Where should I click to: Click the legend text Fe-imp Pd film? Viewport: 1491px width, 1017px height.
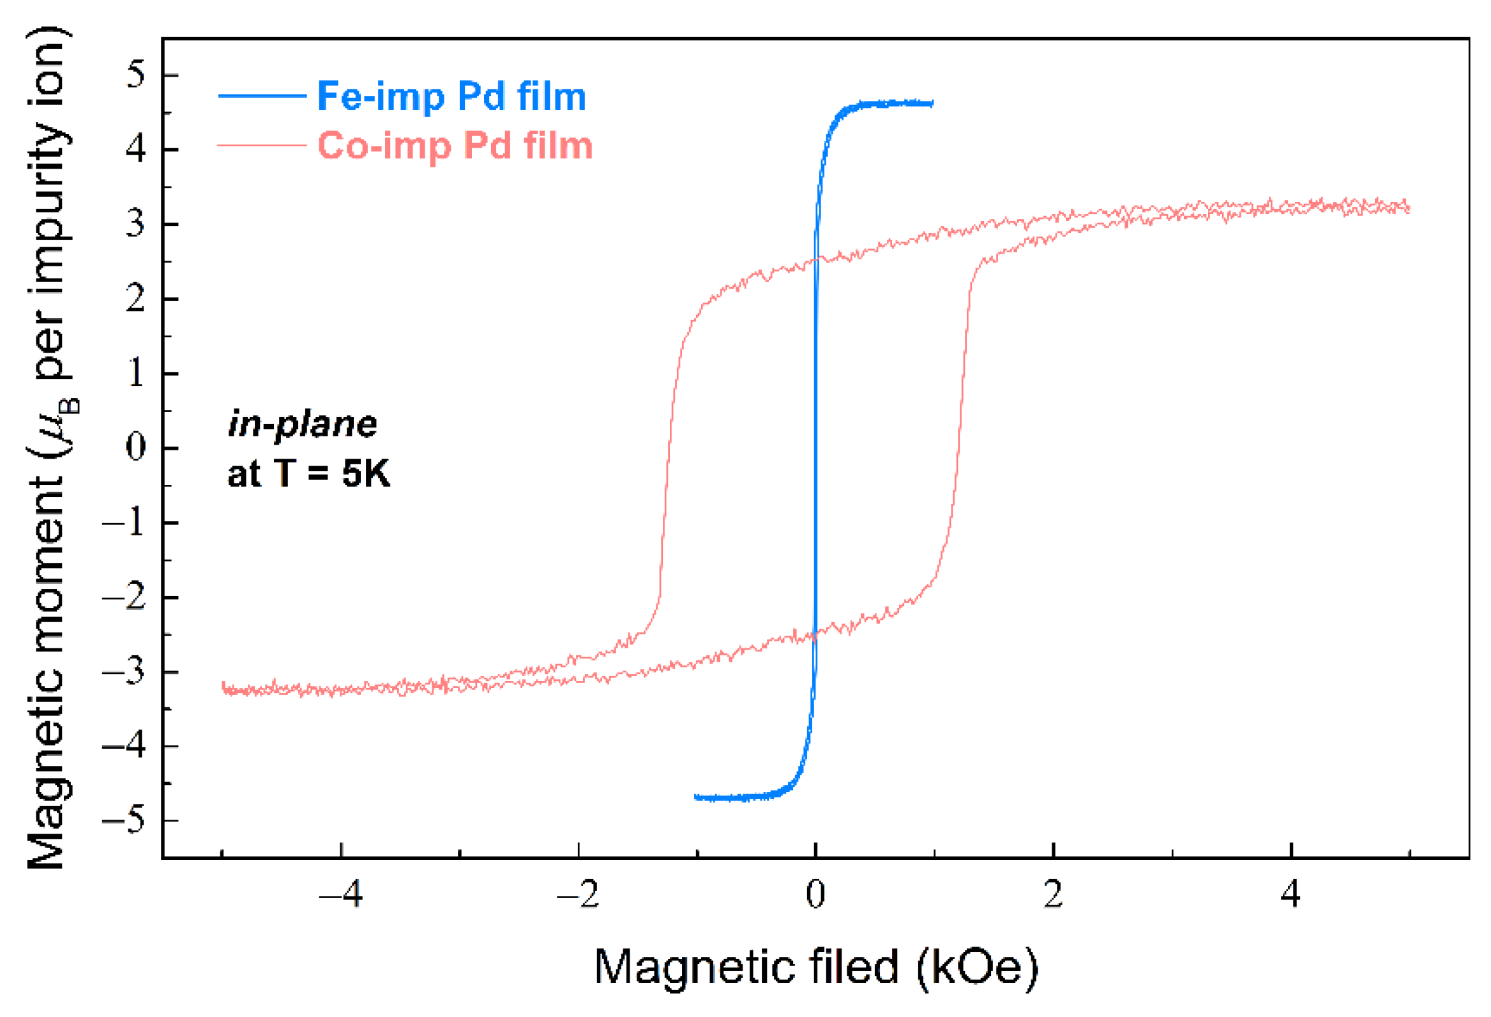click(x=451, y=96)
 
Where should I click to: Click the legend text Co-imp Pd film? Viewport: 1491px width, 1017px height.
click(x=455, y=146)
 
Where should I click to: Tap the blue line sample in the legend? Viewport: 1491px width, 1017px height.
click(x=262, y=96)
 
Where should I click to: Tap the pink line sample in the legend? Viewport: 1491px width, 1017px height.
click(x=262, y=146)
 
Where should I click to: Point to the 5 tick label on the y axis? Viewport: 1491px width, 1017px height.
click(x=135, y=75)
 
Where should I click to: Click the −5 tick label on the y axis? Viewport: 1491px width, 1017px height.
click(x=125, y=821)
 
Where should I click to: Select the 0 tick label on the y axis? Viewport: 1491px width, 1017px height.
click(x=135, y=448)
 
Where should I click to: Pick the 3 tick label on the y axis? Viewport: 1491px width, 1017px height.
click(x=135, y=224)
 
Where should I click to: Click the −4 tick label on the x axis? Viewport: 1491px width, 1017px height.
click(x=341, y=893)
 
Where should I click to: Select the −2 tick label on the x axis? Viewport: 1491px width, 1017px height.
click(x=578, y=893)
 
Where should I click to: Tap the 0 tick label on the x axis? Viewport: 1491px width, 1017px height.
click(x=815, y=893)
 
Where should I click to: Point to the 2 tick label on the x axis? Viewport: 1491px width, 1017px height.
click(x=1053, y=893)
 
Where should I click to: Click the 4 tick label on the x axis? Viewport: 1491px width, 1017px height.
click(x=1290, y=893)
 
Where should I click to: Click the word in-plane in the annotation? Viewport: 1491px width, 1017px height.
click(x=302, y=424)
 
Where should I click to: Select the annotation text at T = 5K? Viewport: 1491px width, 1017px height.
click(x=308, y=473)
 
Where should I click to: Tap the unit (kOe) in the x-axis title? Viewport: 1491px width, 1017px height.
click(x=977, y=967)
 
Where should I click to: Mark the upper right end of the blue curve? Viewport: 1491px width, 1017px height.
click(x=932, y=103)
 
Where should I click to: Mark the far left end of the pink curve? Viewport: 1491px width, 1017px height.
click(x=223, y=687)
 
